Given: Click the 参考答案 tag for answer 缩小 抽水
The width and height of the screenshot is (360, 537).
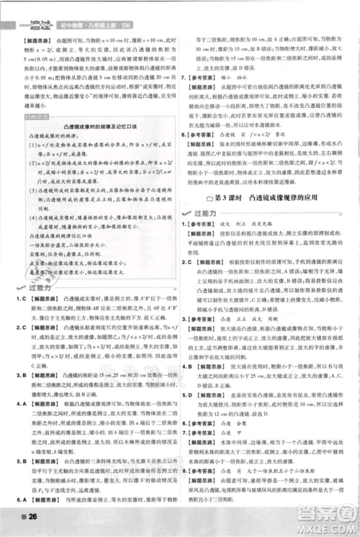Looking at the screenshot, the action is pos(210,73).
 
